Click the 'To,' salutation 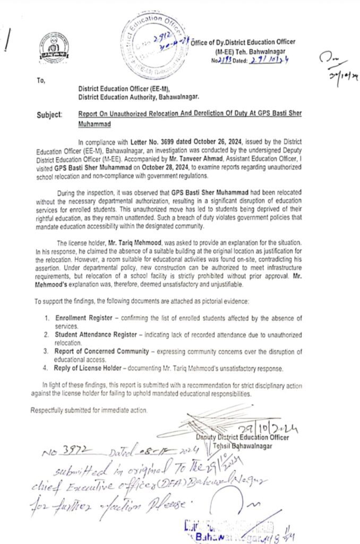point(41,80)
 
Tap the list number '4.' point(48,368)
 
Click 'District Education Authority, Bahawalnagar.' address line point(139,98)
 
